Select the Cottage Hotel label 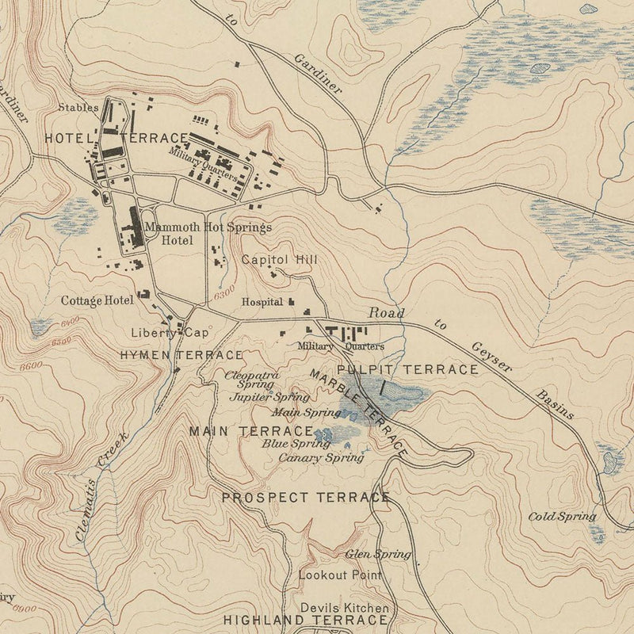97,300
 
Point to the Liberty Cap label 169,333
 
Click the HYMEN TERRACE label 181,355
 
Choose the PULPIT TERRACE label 407,369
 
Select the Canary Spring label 321,457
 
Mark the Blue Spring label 285,444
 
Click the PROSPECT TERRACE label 305,498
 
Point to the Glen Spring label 378,554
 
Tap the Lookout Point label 340,575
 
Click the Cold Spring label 562,517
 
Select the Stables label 78,106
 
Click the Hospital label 262,302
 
